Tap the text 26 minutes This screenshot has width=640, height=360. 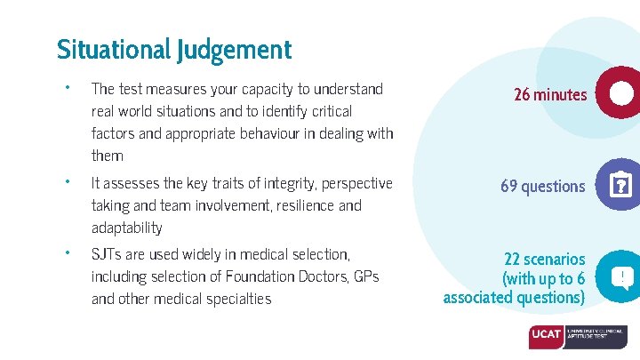[x=550, y=94]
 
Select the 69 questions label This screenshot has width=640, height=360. [x=543, y=187]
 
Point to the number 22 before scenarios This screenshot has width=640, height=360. [x=512, y=259]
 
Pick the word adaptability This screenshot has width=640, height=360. [x=126, y=228]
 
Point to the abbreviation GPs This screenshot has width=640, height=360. [x=365, y=276]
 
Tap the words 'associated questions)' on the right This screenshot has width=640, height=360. [x=514, y=298]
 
